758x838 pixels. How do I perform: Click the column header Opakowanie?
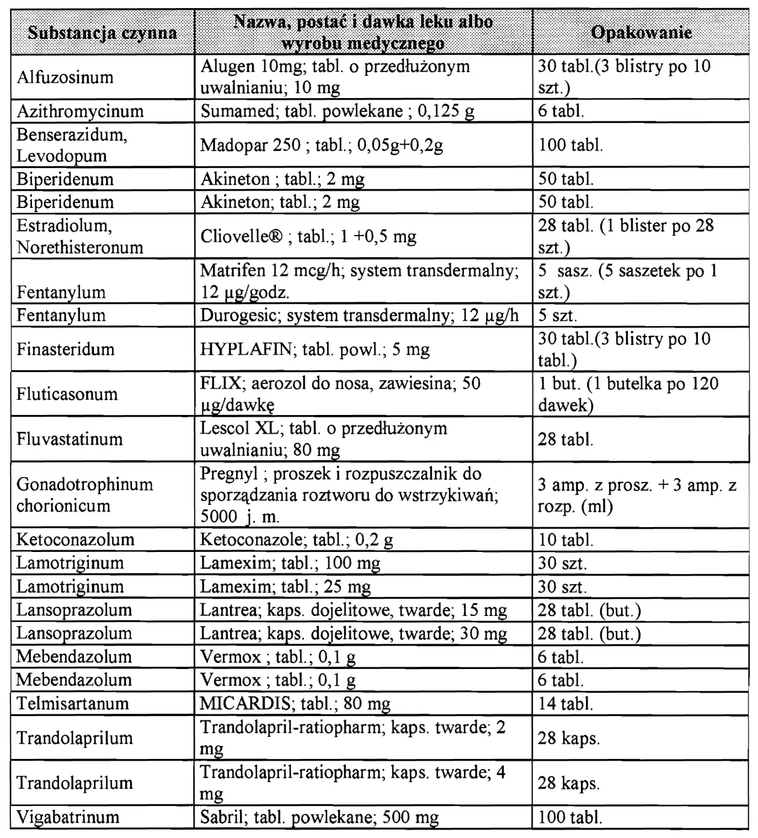[x=641, y=33]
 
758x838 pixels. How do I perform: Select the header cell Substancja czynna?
[x=102, y=33]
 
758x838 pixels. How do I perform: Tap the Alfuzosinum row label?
[x=65, y=77]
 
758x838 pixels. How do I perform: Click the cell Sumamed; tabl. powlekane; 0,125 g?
[x=337, y=111]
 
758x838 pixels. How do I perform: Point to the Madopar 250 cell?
[x=322, y=145]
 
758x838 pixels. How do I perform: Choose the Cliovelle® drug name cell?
[x=308, y=236]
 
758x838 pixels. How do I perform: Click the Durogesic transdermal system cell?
[x=359, y=315]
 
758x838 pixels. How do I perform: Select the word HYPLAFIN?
[x=246, y=349]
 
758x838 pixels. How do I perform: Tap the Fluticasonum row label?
[x=67, y=394]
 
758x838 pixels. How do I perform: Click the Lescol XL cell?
[x=324, y=439]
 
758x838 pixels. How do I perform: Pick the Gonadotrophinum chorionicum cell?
[x=85, y=495]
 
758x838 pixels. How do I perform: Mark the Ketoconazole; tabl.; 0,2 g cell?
[x=297, y=540]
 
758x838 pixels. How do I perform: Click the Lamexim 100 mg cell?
[x=290, y=563]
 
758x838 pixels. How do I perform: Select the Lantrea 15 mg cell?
[x=354, y=610]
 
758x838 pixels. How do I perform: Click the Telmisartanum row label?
[x=73, y=704]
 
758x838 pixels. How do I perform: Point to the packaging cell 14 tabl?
[x=565, y=704]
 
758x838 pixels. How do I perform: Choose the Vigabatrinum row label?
[x=68, y=817]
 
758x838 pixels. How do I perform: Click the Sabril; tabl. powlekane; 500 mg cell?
[x=319, y=817]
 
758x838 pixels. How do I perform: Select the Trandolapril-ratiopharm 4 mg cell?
[x=352, y=783]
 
